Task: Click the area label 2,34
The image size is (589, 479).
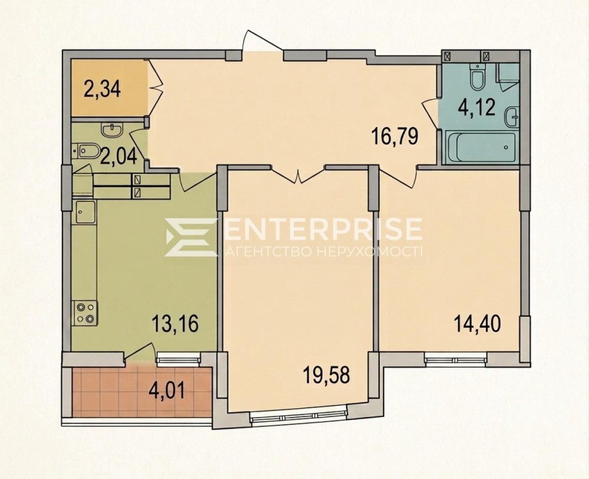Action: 102,90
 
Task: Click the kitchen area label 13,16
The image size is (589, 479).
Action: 175,324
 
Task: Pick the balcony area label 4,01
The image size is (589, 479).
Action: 167,391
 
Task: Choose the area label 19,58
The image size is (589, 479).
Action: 327,376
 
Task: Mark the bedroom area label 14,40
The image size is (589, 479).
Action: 478,324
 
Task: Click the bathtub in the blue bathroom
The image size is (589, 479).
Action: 479,147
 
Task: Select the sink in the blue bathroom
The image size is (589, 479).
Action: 511,117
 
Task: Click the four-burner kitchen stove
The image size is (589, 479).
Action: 85,313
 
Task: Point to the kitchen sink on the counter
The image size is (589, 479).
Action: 85,212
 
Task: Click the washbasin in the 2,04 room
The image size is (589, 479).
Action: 111,130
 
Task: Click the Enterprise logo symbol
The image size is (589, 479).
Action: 190,237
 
